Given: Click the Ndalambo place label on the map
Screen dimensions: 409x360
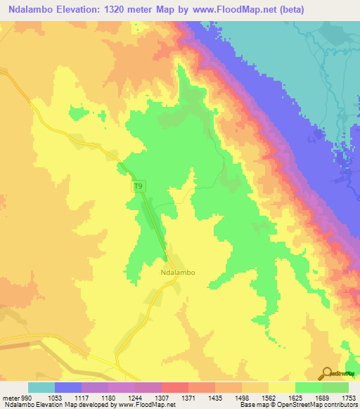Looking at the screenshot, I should [x=177, y=273].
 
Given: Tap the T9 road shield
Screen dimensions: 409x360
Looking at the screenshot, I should [x=141, y=186].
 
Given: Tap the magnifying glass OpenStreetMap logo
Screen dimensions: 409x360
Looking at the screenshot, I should [x=328, y=373].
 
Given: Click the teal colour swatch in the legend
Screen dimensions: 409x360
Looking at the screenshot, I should [x=41, y=387].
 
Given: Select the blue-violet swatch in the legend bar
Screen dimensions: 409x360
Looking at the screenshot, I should [x=68, y=387].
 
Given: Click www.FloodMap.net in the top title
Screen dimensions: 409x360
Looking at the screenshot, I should [x=252, y=9].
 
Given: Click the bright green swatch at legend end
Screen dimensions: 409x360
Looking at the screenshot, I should [x=335, y=387].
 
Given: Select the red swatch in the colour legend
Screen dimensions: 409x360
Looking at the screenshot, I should [x=175, y=387].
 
